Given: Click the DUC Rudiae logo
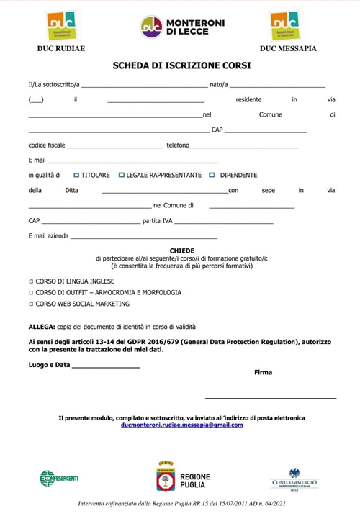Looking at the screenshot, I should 60,27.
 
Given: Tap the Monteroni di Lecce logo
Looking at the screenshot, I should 181,27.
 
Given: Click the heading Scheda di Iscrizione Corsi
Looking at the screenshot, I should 181,65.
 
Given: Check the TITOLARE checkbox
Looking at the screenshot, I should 76,175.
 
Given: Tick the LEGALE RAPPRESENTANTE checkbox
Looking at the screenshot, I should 121,175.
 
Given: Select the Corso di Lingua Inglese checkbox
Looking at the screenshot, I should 30,281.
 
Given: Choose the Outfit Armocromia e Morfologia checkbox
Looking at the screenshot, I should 30,293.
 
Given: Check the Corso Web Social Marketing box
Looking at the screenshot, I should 30,304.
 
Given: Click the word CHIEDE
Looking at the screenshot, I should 181,250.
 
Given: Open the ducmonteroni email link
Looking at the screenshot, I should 182,425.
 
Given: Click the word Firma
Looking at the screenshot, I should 264,372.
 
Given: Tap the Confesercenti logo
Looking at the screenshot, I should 59,478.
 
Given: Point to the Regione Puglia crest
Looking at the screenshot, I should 166,477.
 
